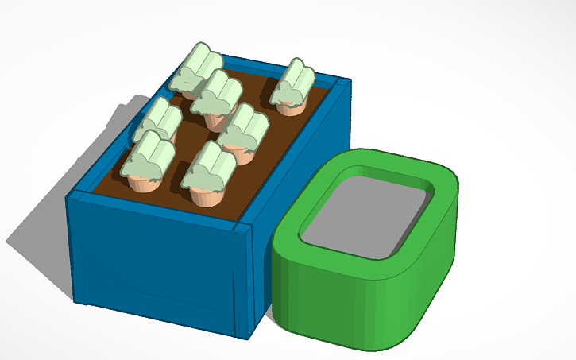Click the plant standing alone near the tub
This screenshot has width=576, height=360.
[293, 86]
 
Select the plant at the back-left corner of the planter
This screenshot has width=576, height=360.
[195, 70]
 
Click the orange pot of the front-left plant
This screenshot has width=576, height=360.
[145, 184]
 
